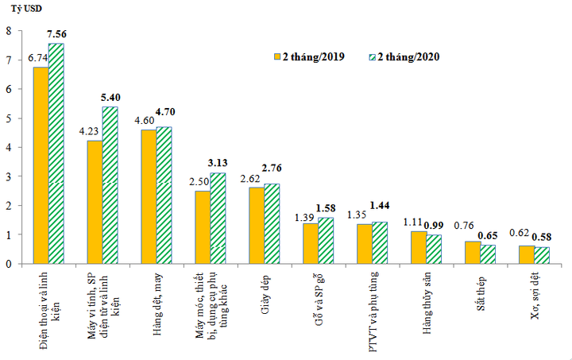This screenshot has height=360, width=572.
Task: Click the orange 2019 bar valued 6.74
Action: click(x=41, y=165)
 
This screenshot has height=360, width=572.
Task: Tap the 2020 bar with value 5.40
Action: click(x=110, y=185)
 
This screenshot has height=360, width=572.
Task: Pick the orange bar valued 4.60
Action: click(x=149, y=196)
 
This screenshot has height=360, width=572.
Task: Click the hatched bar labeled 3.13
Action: click(x=218, y=218)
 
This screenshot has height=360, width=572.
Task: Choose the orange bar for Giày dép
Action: click(x=257, y=225)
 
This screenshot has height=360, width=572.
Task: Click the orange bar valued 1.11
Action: click(x=418, y=247)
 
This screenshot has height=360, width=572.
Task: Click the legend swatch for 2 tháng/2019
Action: click(x=277, y=56)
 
